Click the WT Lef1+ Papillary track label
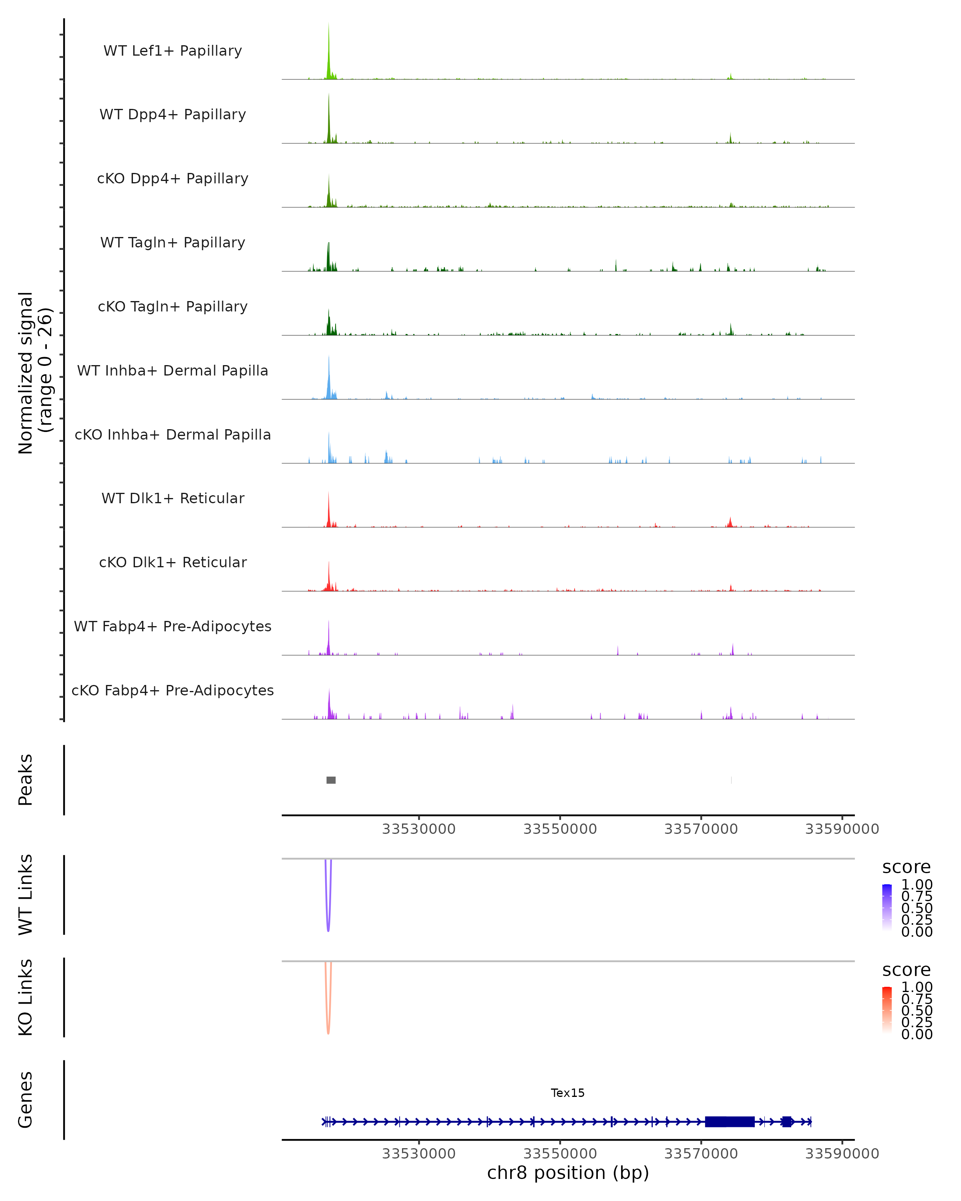point(173,51)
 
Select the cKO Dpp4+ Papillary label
point(173,178)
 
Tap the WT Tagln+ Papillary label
point(173,242)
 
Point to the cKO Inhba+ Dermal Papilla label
point(173,434)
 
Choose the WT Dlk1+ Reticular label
point(173,498)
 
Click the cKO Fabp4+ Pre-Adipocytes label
point(173,690)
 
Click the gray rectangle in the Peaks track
point(331,780)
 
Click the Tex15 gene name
point(568,1093)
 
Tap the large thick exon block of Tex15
point(730,1121)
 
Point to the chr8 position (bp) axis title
point(568,1173)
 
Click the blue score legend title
point(907,867)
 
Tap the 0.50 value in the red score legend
point(917,1010)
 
